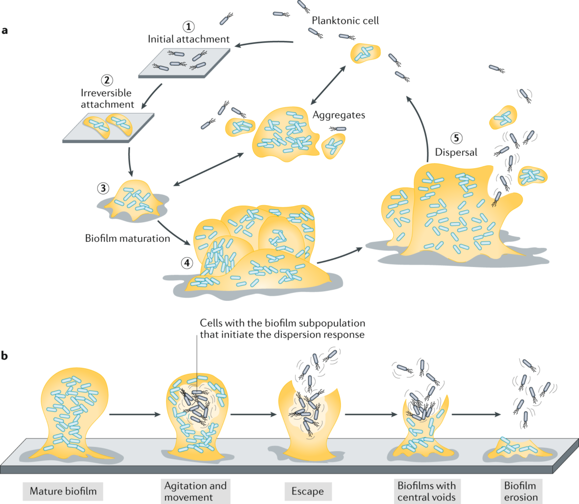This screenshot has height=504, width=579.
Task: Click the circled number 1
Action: point(188,27)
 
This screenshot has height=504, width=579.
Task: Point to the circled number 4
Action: point(187,263)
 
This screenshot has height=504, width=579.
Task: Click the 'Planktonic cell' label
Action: point(345,21)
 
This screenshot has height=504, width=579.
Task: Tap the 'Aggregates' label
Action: point(339,115)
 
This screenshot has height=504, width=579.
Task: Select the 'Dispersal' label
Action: point(455,152)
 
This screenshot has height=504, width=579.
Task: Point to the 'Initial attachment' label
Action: point(188,39)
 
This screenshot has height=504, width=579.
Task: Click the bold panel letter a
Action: point(5,30)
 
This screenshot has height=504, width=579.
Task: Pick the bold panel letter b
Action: point(5,356)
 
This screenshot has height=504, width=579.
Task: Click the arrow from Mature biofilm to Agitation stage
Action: point(134,414)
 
